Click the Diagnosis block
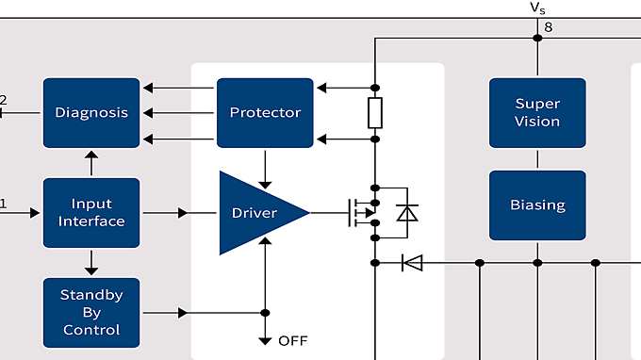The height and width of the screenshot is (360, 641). coord(91,112)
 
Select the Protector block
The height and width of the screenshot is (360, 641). coord(265,112)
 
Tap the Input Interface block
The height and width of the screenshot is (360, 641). coord(91,212)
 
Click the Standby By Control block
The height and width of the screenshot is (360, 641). coord(91,312)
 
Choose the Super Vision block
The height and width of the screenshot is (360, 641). coord(537,112)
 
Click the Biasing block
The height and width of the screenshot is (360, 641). coord(537,205)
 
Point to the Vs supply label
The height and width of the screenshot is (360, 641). coord(537,8)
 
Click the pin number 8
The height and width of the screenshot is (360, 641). coord(549,26)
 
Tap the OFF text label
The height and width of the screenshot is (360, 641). coord(293,340)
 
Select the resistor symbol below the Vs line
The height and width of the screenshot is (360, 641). coord(375,113)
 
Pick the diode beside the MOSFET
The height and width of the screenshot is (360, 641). coord(406,213)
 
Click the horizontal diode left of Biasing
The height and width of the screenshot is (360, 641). coord(412,262)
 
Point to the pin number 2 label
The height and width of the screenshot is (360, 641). coord(3,100)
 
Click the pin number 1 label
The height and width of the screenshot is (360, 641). coord(3,203)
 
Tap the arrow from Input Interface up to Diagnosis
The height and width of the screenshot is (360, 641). coord(91,163)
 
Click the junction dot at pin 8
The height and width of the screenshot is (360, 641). coord(537,38)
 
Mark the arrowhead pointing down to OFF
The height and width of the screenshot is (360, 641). coord(265,338)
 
